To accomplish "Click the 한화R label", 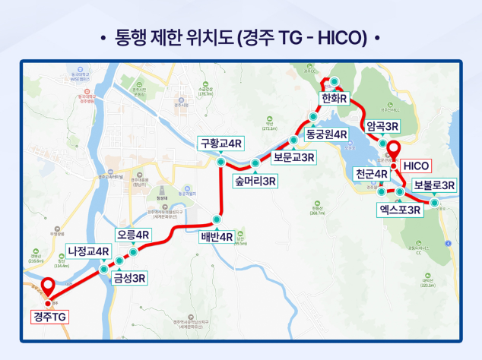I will pyautogui.click(x=334, y=99).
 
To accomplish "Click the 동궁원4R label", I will pyautogui.click(x=325, y=134).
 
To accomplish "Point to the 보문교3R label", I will pyautogui.click(x=294, y=159).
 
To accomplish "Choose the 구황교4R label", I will pyautogui.click(x=220, y=143).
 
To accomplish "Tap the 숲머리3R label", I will pyautogui.click(x=255, y=181).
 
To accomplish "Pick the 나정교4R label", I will pyautogui.click(x=89, y=251).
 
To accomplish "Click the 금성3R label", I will pyautogui.click(x=129, y=278).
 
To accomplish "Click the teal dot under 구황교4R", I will pyautogui.click(x=220, y=162).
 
